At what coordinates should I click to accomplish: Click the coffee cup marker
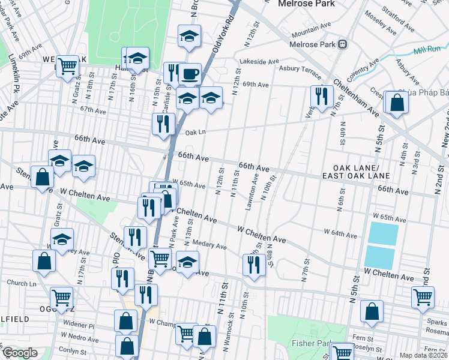(x=190, y=74)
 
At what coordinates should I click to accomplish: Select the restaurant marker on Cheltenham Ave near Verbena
(x=322, y=96)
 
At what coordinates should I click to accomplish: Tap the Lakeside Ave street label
(x=259, y=61)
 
